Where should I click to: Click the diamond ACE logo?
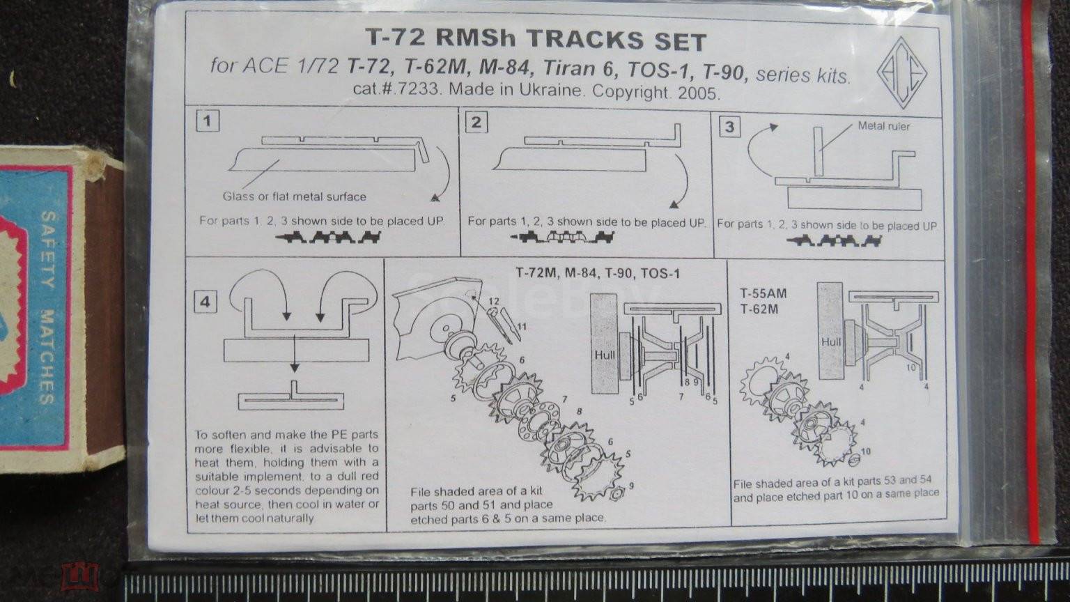point(901,73)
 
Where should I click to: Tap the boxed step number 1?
point(208,121)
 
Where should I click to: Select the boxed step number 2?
point(476,123)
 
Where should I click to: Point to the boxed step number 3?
point(729,127)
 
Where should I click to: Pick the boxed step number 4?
point(206,302)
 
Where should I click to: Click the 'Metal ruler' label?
point(884,126)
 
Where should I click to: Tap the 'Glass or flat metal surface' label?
point(294,196)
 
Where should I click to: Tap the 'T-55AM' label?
point(763,293)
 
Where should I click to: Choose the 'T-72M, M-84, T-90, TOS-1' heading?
point(598,273)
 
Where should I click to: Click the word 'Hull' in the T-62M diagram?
point(831,342)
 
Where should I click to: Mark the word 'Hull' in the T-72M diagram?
point(605,355)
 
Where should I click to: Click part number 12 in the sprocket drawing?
point(494,301)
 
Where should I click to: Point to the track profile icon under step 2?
point(562,236)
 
